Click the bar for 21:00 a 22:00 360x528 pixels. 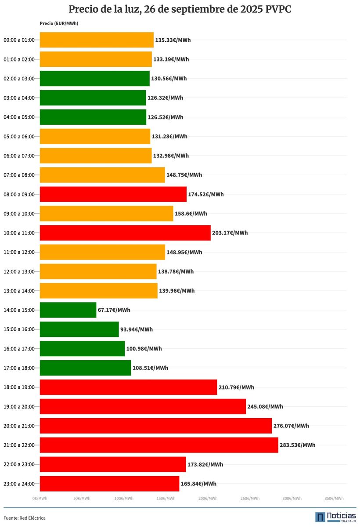(x=159, y=445)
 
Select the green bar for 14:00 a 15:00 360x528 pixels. (x=68, y=310)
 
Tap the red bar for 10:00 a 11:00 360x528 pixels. (x=125, y=233)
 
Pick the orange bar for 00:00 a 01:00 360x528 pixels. (x=97, y=40)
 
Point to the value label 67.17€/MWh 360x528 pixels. (x=114, y=310)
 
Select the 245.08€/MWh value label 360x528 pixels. (x=265, y=406)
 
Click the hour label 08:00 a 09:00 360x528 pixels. (x=19, y=194)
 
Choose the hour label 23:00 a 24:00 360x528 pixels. (x=19, y=484)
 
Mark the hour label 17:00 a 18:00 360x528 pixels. (x=19, y=368)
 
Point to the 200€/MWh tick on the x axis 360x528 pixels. (x=208, y=499)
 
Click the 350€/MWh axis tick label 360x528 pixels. (x=334, y=499)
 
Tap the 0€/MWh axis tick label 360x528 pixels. (x=40, y=499)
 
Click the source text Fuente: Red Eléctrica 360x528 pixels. (x=25, y=518)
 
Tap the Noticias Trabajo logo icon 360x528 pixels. (x=320, y=517)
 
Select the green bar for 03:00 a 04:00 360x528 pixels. (x=93, y=98)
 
